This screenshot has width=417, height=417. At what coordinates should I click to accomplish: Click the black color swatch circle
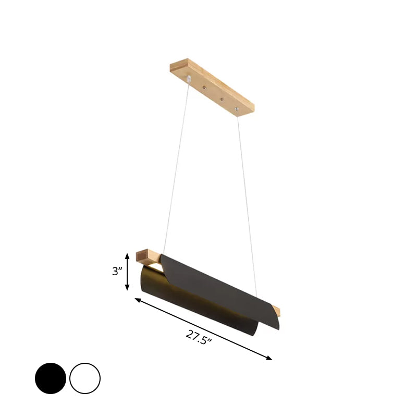[51, 378]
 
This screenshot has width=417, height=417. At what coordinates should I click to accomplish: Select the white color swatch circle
[85, 378]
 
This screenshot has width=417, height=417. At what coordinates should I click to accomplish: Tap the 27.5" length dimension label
[199, 337]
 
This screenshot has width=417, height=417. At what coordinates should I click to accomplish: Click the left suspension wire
[176, 167]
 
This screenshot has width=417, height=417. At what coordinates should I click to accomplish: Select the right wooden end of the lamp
[276, 312]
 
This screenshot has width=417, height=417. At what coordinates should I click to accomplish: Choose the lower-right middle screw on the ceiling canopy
[222, 99]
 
